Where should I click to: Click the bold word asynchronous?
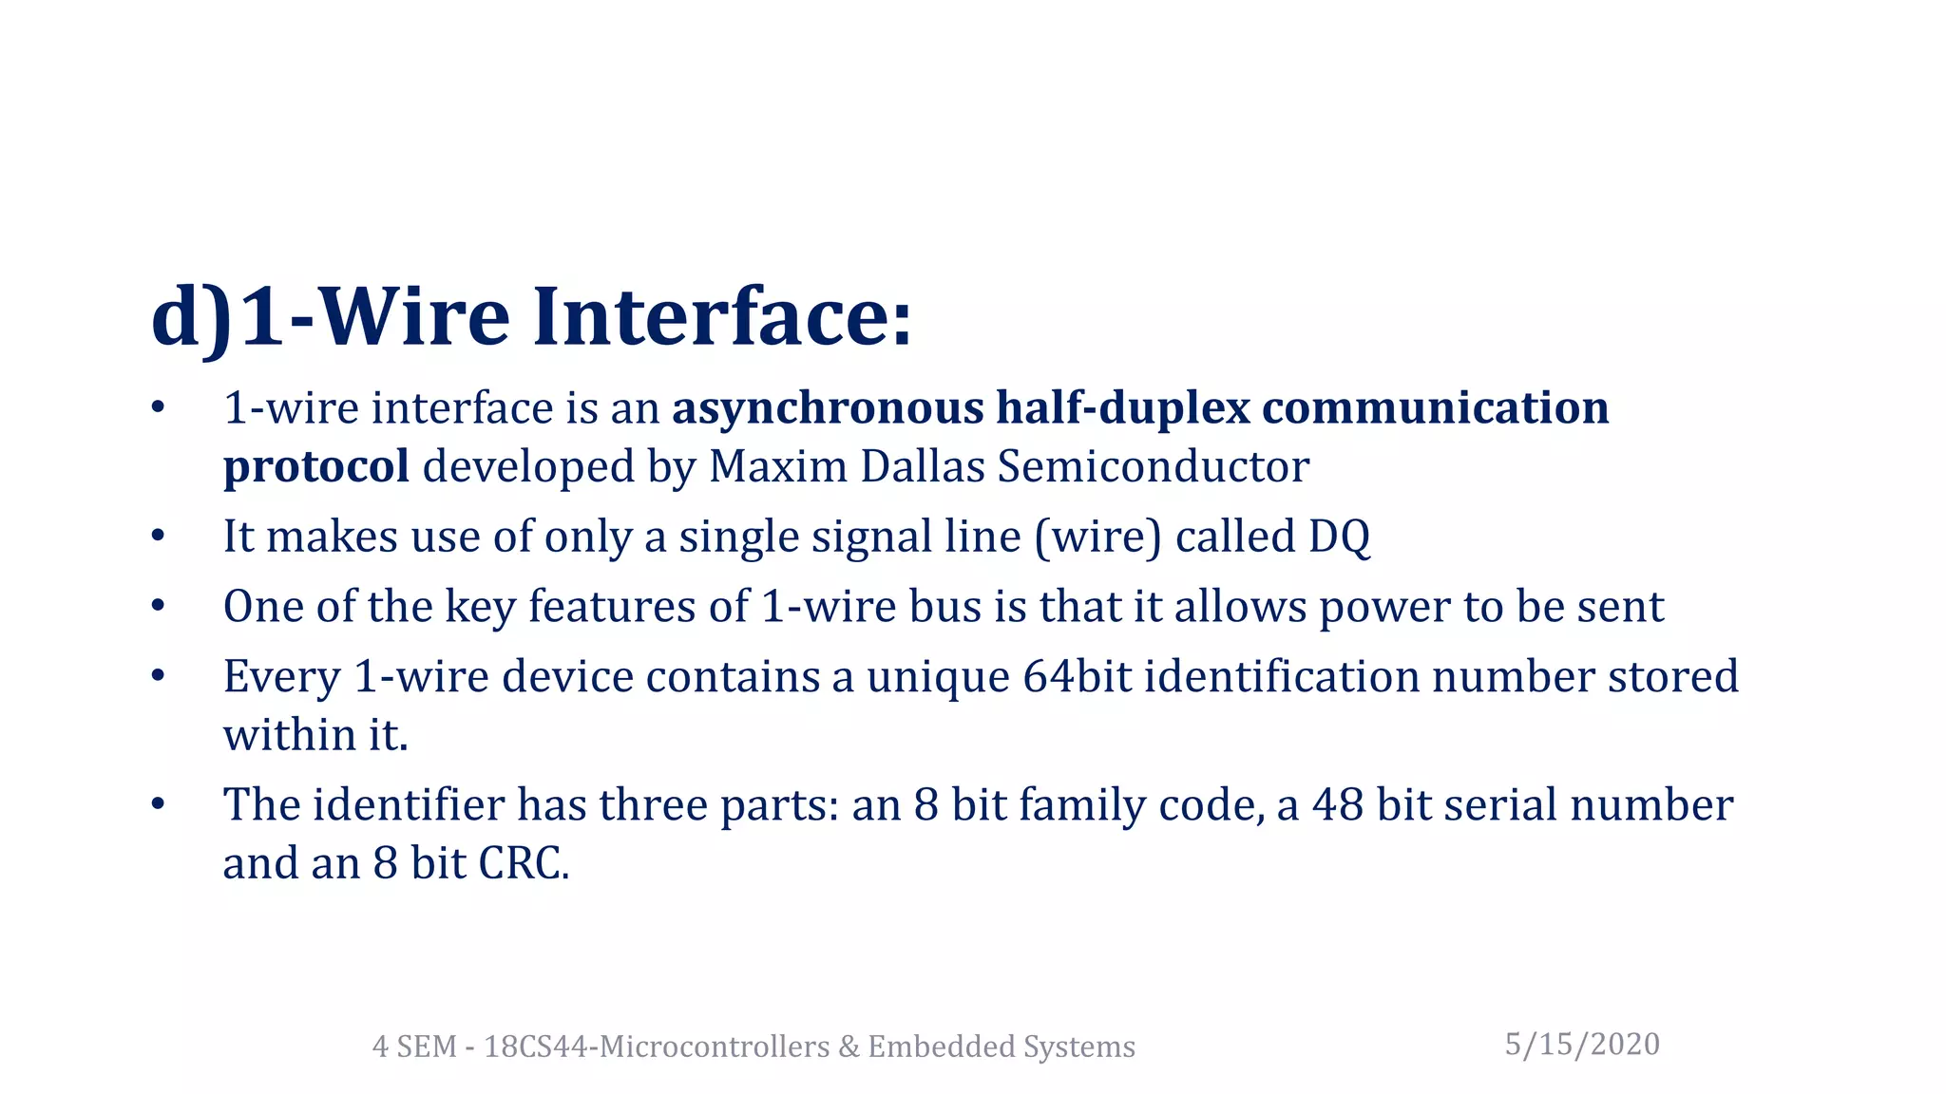pos(828,408)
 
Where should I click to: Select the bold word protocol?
pos(316,467)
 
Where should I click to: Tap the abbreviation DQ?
pos(1339,537)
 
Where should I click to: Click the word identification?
pos(1282,677)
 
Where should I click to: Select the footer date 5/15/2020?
pos(1582,1045)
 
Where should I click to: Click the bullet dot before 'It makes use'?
pos(158,537)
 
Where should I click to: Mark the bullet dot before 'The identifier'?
pos(158,805)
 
